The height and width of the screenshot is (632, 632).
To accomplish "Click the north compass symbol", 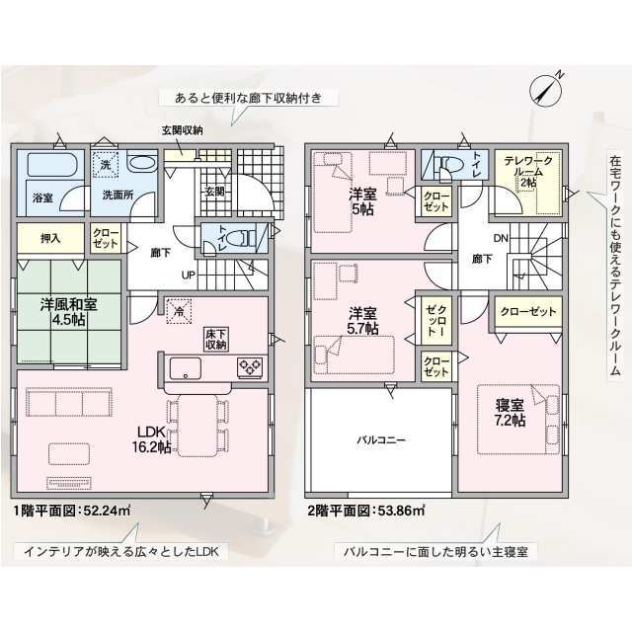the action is click(546, 90).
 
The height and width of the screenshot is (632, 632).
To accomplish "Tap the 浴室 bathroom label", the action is click(42, 197).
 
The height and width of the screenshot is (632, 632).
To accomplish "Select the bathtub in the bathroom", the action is click(51, 165).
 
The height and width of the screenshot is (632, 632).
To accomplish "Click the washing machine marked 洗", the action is click(105, 165).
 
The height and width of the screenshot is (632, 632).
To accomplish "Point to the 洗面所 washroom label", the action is click(118, 196).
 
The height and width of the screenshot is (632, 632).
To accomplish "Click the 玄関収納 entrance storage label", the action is click(182, 130).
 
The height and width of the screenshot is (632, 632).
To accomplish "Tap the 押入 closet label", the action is click(50, 238).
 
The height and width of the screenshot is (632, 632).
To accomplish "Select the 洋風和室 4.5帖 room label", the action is click(68, 312).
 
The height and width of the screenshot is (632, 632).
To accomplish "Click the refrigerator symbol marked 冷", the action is click(179, 311).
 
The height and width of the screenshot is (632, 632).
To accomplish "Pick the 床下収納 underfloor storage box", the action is click(216, 340).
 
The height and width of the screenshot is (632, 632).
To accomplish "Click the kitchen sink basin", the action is click(186, 368).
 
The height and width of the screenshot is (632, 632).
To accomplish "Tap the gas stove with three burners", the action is click(250, 367).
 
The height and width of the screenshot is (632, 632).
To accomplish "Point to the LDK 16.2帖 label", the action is click(151, 439).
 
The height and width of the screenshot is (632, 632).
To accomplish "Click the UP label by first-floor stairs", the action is click(189, 276).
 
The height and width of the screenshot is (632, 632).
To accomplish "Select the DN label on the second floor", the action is click(501, 238).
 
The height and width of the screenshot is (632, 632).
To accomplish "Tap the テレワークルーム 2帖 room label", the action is click(528, 172).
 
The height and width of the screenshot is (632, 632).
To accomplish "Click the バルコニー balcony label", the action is click(381, 439).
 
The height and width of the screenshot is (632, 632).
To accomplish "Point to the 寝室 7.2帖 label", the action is click(510, 413).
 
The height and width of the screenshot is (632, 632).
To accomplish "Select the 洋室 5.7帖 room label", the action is click(362, 320).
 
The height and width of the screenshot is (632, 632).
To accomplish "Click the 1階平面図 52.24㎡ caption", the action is click(72, 512).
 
